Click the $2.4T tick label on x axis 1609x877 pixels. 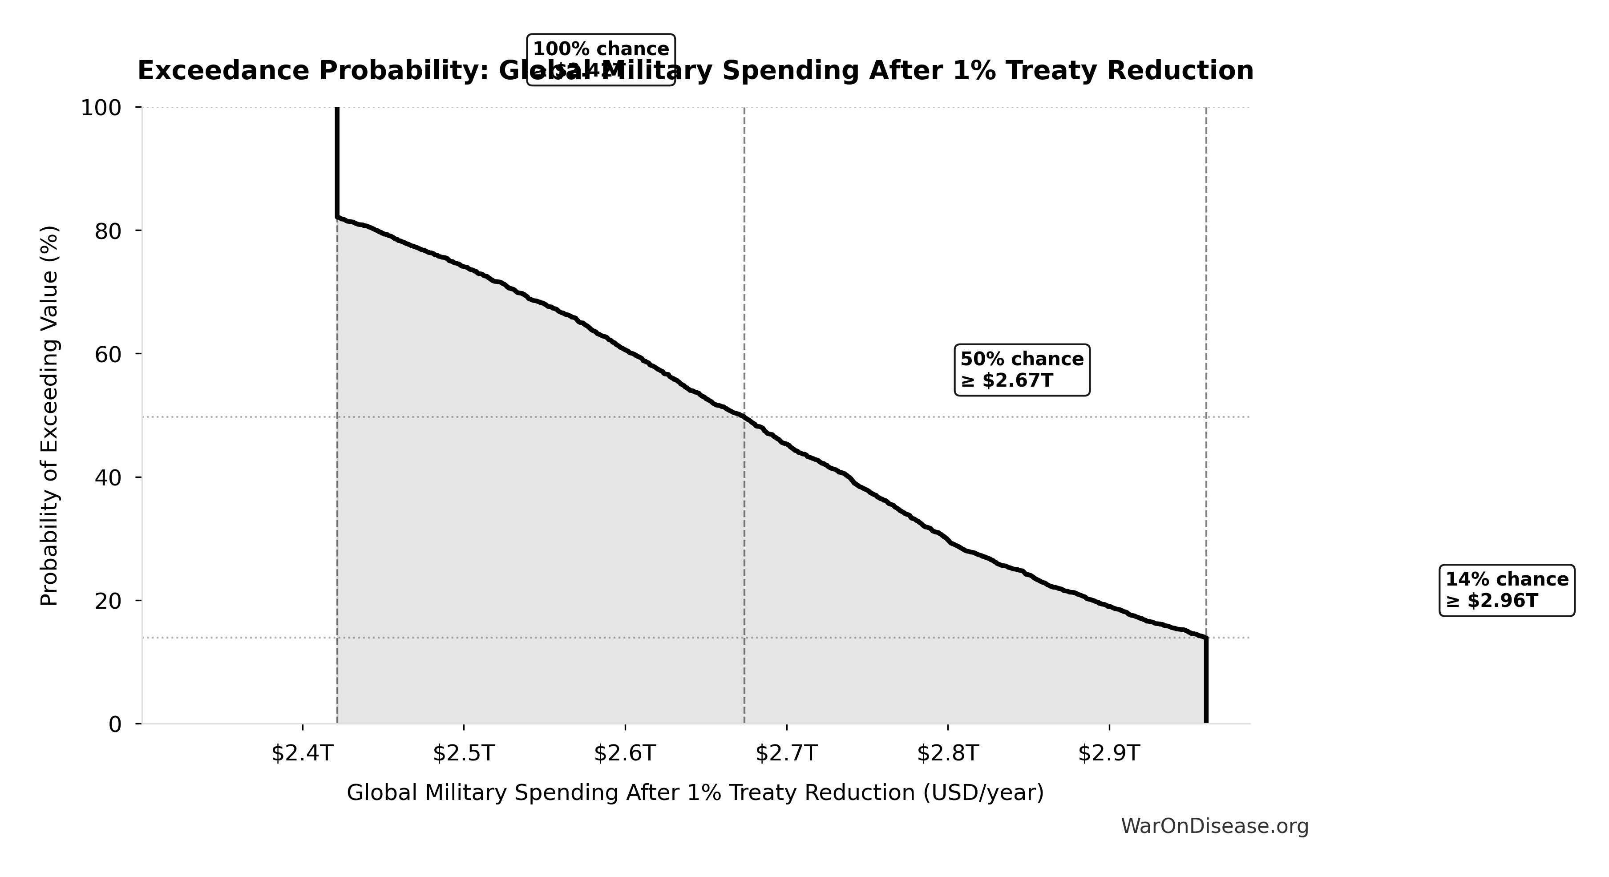click(302, 753)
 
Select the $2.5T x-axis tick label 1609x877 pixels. click(464, 753)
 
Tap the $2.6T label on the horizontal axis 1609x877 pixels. click(625, 753)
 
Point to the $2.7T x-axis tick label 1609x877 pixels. click(786, 753)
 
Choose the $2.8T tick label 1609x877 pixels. click(947, 753)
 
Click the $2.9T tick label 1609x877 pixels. click(1109, 753)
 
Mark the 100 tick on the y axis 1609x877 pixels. click(101, 108)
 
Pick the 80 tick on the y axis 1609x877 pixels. click(107, 231)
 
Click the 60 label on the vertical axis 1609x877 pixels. click(107, 354)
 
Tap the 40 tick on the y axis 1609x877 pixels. click(107, 477)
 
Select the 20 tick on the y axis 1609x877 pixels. click(107, 601)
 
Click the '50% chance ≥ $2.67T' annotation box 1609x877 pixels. click(1022, 370)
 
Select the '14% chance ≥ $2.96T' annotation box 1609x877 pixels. click(1507, 590)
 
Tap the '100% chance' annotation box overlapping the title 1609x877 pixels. click(601, 59)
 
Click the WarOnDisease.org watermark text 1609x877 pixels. click(1214, 826)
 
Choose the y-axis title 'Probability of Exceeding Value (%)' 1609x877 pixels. click(49, 416)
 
